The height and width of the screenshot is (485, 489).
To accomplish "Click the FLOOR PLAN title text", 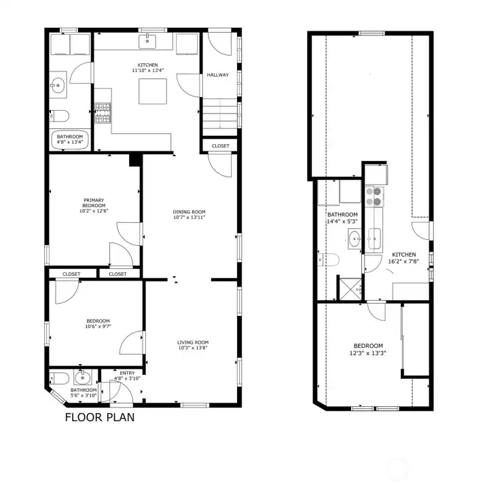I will coord(99,417).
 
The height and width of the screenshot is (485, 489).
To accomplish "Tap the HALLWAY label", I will coord(217,75).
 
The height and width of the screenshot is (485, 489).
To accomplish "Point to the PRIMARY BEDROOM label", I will coord(94,203).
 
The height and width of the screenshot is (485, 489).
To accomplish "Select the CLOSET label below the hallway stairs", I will coord(220,146).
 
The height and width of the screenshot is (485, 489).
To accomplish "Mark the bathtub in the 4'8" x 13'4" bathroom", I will coord(69,139).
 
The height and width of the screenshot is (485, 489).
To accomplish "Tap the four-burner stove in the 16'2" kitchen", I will coord(374,196).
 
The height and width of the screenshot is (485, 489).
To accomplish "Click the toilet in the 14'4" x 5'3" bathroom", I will coord(329,259).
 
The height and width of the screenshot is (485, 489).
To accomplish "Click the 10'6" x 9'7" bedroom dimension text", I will coord(98,327).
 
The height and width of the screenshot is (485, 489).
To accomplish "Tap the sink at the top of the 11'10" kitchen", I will coord(147,41).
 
